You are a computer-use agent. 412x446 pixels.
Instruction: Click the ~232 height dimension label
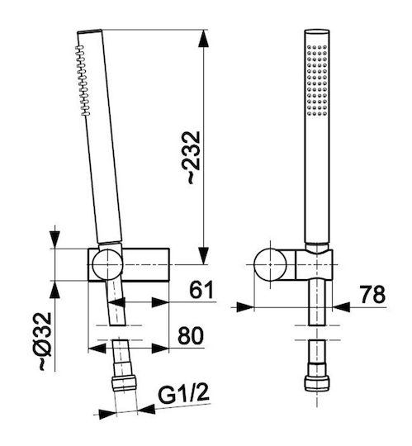(x=194, y=158)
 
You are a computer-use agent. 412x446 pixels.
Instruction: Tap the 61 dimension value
(x=201, y=289)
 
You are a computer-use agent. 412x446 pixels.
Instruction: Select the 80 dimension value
(x=191, y=335)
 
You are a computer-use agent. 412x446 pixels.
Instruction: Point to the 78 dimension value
(x=372, y=294)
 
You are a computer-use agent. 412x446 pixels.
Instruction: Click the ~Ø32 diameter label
(x=45, y=341)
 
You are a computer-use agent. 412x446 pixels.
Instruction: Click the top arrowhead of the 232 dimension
(x=203, y=38)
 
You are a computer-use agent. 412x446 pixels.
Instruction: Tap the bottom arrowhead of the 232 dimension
(x=203, y=256)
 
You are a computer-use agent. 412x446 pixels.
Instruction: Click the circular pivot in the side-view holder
(x=107, y=264)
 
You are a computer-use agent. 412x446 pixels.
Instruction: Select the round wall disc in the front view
(x=270, y=264)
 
